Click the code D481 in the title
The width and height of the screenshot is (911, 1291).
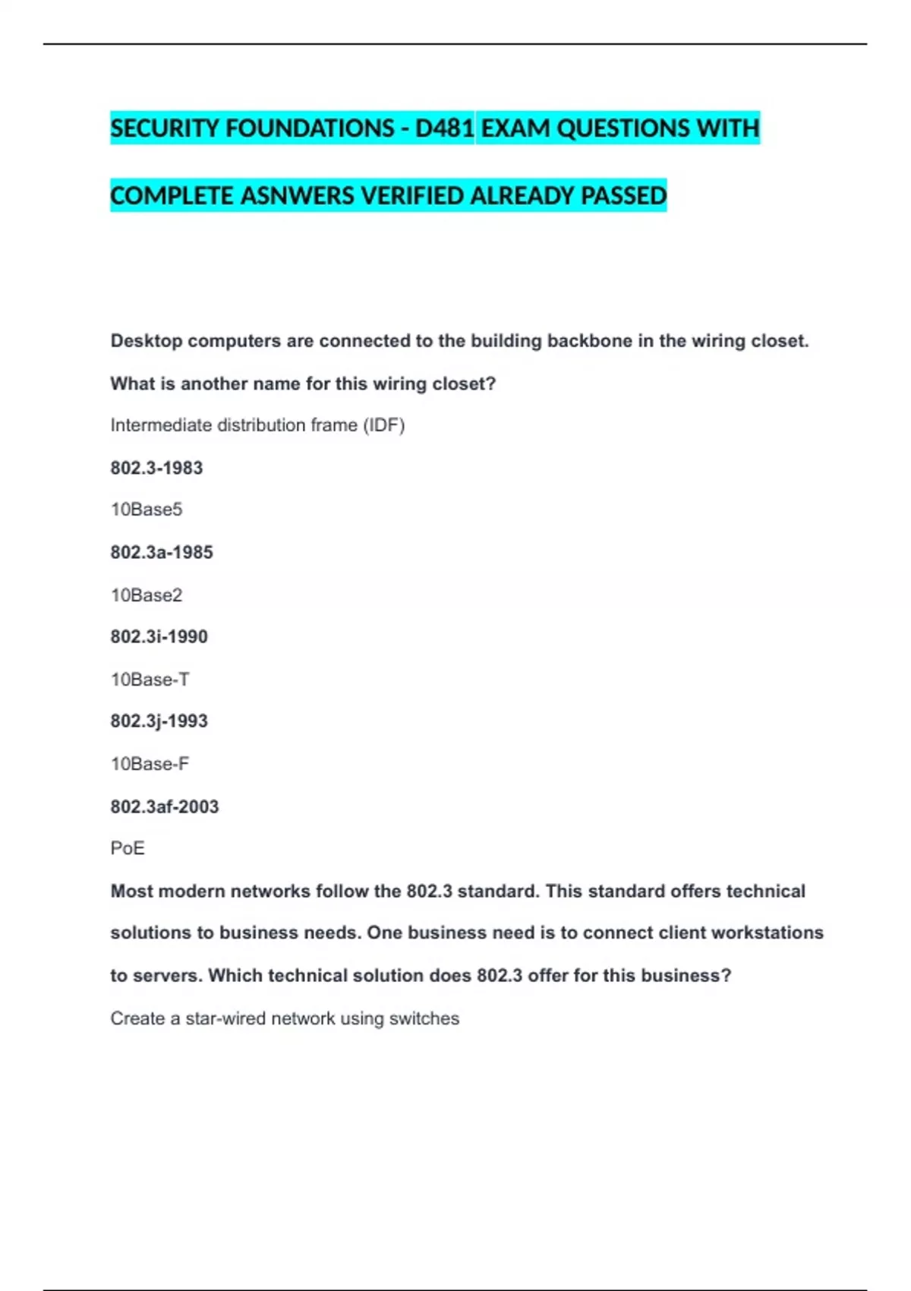[444, 128]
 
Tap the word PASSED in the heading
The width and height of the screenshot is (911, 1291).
[623, 196]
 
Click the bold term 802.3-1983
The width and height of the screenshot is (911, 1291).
[156, 468]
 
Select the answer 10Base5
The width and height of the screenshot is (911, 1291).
[147, 510]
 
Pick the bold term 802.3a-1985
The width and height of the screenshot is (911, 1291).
[162, 552]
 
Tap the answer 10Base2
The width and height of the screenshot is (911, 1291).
[147, 595]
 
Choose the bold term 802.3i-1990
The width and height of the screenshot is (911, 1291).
[159, 636]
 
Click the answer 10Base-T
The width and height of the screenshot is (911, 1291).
[150, 679]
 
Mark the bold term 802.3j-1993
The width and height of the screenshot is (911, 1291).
[159, 721]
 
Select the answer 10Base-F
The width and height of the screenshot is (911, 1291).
[150, 763]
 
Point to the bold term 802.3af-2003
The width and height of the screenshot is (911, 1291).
[165, 806]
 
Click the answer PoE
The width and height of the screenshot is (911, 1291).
[128, 848]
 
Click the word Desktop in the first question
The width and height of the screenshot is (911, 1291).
[147, 341]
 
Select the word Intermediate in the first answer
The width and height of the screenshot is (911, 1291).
[161, 425]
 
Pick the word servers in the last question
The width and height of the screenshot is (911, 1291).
[167, 976]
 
